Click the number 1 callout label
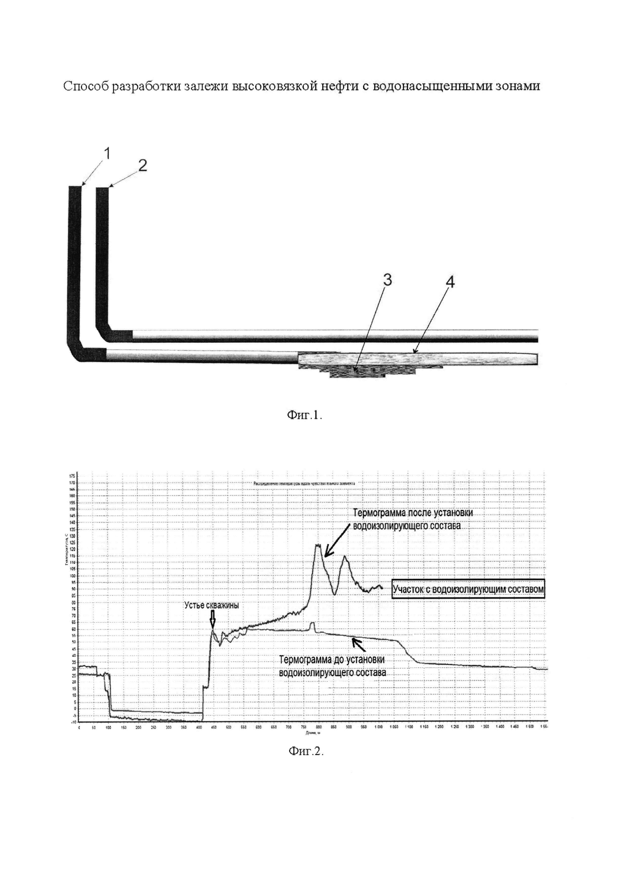pos(107,154)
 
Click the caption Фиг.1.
pos(304,416)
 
